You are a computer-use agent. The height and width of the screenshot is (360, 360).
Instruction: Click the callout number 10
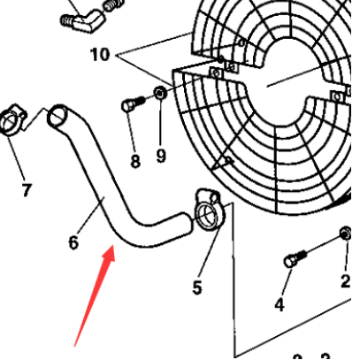point(100,55)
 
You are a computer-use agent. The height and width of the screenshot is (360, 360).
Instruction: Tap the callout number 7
point(26,189)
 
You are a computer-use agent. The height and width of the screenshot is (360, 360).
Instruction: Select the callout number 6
point(73,241)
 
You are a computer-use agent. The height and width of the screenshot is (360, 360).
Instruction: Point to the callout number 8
point(134,161)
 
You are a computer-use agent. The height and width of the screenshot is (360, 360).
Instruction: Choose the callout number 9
point(161,157)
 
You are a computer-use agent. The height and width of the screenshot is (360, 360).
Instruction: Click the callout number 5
point(197,287)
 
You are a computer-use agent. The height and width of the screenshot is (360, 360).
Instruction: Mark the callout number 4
point(280,305)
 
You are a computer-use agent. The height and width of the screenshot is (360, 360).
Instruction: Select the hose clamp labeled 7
point(14,119)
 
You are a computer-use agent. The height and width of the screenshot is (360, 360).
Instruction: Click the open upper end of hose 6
point(57,114)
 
